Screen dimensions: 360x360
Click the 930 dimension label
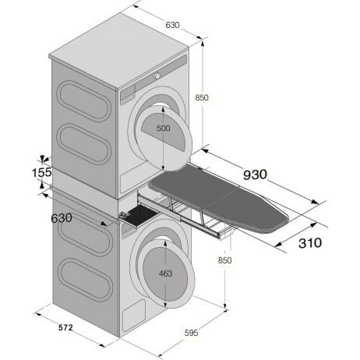pyautogui.click(x=255, y=175)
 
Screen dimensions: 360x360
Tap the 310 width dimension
pyautogui.click(x=310, y=243)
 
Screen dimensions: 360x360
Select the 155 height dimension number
pyautogui.click(x=42, y=173)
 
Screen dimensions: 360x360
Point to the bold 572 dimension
pyautogui.click(x=65, y=328)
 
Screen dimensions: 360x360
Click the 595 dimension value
pyautogui.click(x=191, y=333)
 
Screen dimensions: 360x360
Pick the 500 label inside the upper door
pyautogui.click(x=164, y=128)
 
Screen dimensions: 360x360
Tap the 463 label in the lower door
pyautogui.click(x=165, y=274)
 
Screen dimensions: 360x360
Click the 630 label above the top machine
pyautogui.click(x=172, y=25)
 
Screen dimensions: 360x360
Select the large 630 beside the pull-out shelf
pyautogui.click(x=62, y=218)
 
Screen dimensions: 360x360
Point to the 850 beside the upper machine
pyautogui.click(x=202, y=97)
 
